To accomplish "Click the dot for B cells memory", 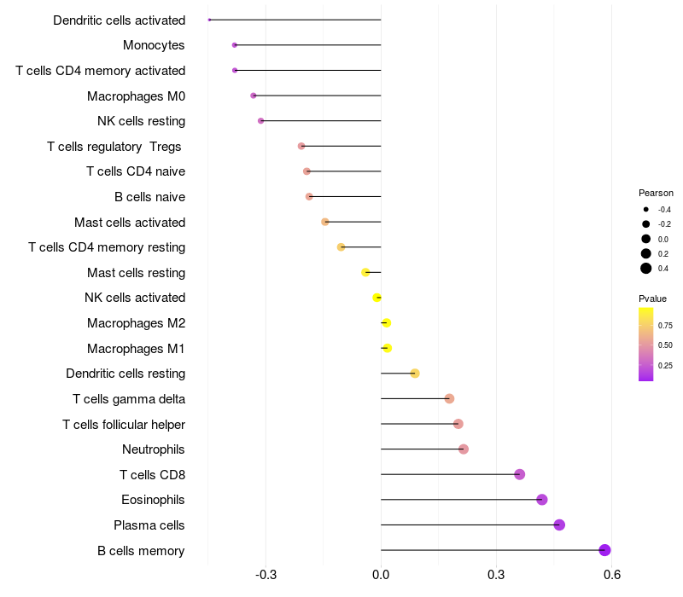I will (604, 550).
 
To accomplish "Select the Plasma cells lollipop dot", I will (559, 525).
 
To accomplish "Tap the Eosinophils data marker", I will (541, 500).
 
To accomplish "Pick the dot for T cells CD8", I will (519, 474).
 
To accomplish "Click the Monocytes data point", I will (235, 44).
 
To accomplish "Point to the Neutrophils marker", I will (464, 449).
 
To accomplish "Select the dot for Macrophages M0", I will (254, 96).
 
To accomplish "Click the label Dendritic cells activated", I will (119, 20).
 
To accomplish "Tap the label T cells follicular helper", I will (124, 424).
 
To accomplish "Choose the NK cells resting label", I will (141, 120).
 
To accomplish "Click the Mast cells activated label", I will (130, 222).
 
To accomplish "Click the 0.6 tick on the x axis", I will (611, 574).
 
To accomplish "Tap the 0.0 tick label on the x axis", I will (381, 574).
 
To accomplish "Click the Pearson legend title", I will (656, 193).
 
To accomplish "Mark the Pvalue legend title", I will (652, 298).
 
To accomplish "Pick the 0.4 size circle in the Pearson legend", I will (646, 269).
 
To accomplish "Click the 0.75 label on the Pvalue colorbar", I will (665, 325).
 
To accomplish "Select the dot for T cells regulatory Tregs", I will (301, 146).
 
